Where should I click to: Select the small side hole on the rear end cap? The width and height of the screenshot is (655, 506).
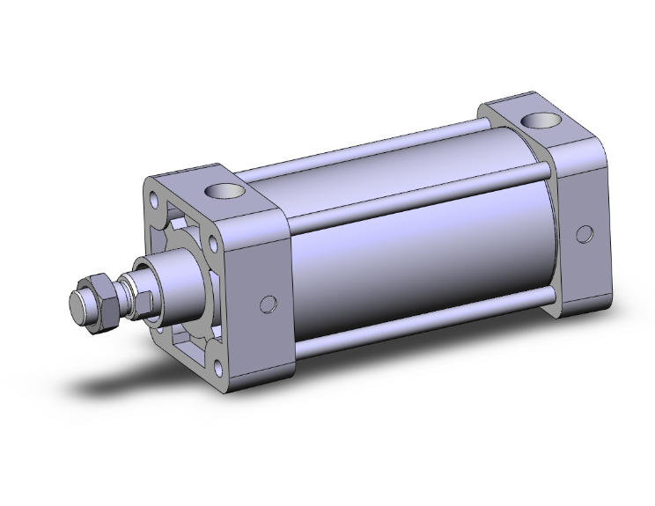pyautogui.click(x=584, y=234)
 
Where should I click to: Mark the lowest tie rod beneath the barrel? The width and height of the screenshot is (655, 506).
pyautogui.click(x=423, y=327)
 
